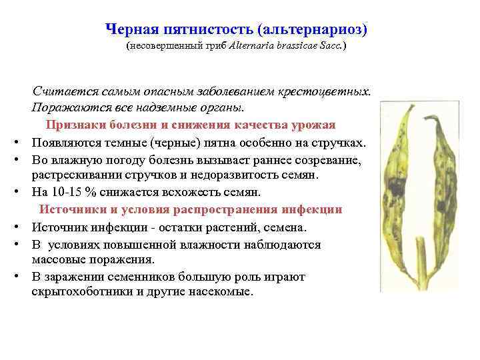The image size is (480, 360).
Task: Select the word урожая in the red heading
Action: [x=313, y=125]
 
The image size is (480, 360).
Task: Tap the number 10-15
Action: [x=63, y=193]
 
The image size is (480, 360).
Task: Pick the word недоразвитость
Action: [x=236, y=175]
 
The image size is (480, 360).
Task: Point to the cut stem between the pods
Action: [x=417, y=277]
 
